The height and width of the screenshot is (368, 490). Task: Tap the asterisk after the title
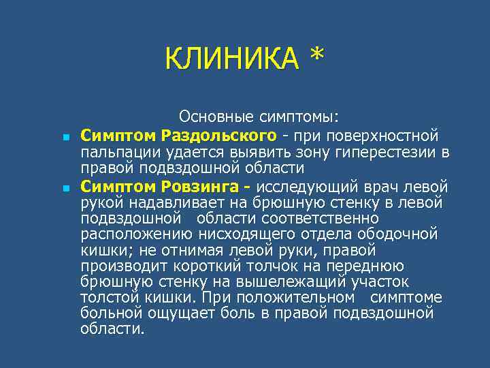[x=316, y=57]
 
